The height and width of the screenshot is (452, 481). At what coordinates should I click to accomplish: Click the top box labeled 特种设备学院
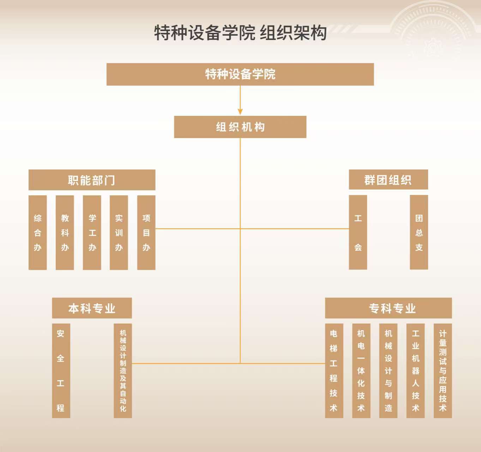pyautogui.click(x=240, y=74)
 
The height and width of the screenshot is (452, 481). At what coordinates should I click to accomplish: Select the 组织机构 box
pyautogui.click(x=240, y=127)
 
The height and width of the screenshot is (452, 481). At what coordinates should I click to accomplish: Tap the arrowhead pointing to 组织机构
pyautogui.click(x=240, y=112)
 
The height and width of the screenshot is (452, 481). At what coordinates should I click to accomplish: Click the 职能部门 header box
pyautogui.click(x=92, y=180)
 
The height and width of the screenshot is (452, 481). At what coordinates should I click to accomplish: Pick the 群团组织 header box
pyautogui.click(x=388, y=180)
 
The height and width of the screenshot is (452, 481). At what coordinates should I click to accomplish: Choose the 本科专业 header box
pyautogui.click(x=92, y=308)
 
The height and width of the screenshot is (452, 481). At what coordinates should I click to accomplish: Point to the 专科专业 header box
pyautogui.click(x=388, y=308)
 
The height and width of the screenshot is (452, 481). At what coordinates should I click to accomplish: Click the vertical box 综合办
pyautogui.click(x=37, y=232)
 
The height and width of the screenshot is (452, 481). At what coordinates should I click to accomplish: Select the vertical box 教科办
pyautogui.click(x=65, y=232)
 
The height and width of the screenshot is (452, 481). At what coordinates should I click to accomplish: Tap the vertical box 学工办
pyautogui.click(x=92, y=232)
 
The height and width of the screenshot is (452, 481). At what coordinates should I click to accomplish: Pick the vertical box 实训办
pyautogui.click(x=119, y=232)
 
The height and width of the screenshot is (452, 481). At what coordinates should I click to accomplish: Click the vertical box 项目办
pyautogui.click(x=146, y=232)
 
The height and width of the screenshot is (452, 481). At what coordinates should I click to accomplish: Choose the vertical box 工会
pyautogui.click(x=358, y=232)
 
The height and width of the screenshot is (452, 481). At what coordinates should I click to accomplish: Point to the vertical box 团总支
pyautogui.click(x=419, y=232)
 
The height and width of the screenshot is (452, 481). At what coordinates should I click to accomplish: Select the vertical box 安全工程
pyautogui.click(x=61, y=370)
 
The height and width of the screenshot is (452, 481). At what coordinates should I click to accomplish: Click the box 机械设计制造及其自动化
pyautogui.click(x=123, y=370)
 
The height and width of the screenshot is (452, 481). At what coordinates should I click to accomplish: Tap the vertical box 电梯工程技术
pyautogui.click(x=334, y=370)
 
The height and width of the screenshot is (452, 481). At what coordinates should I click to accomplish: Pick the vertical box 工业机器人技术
pyautogui.click(x=415, y=370)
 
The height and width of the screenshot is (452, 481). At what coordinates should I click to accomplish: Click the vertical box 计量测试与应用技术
pyautogui.click(x=443, y=370)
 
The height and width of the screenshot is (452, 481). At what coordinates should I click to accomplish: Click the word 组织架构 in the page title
pyautogui.click(x=293, y=32)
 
